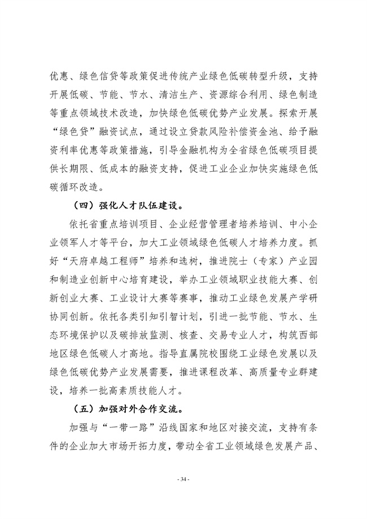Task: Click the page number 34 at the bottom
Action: [183, 479]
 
